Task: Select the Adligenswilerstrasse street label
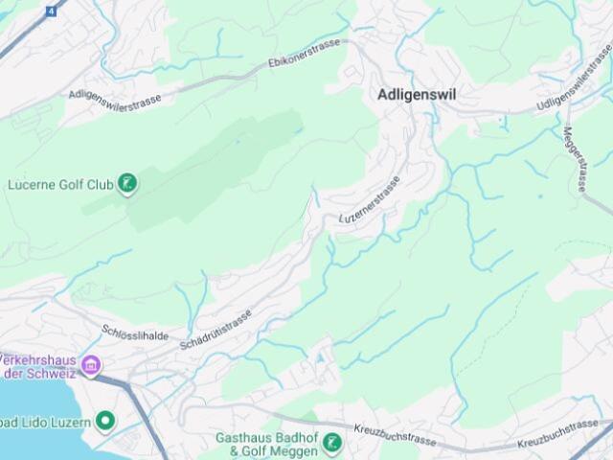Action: (115, 99)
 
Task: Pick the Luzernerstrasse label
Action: (369, 200)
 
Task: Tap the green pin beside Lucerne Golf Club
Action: (125, 182)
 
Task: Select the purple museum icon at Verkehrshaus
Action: (91, 364)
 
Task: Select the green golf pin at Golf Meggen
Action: (330, 442)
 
